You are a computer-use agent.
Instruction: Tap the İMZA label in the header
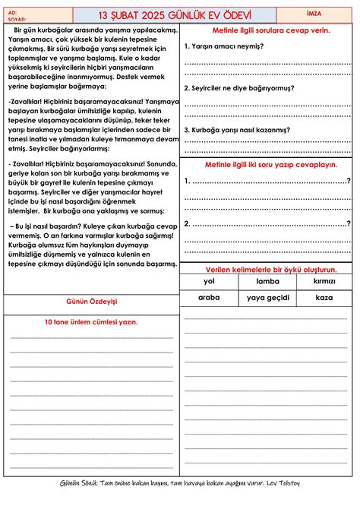coord(324,14)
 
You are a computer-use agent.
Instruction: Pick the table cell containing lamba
coord(267,282)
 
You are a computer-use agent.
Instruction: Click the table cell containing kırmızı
coord(324,282)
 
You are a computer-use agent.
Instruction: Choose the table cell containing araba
coord(209,298)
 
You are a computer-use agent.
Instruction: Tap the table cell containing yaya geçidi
coord(267,298)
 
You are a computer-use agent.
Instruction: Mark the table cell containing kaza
coord(324,298)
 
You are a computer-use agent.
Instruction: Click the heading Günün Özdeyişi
coord(92,302)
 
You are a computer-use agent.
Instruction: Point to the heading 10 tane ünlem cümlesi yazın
coord(91,322)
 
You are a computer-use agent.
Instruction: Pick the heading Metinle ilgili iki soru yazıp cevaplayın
coord(267,164)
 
